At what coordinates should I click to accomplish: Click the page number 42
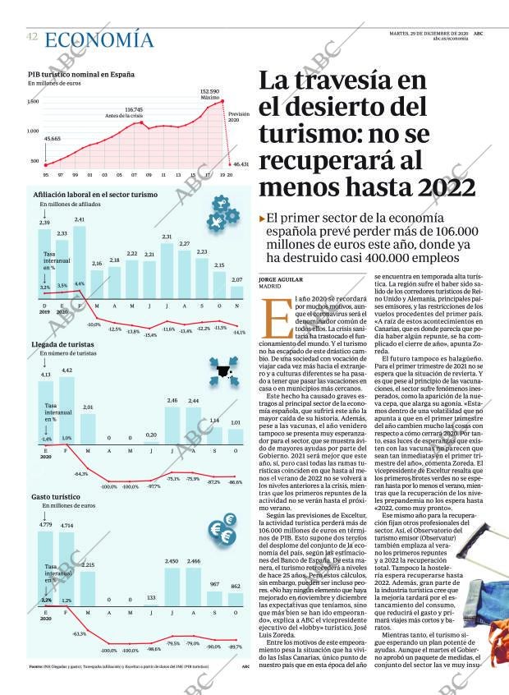point(32,37)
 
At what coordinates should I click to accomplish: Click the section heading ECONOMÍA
point(99,39)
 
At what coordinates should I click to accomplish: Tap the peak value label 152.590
point(209,91)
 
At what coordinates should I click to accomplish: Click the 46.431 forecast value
point(241,164)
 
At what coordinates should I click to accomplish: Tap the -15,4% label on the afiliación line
point(150,334)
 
